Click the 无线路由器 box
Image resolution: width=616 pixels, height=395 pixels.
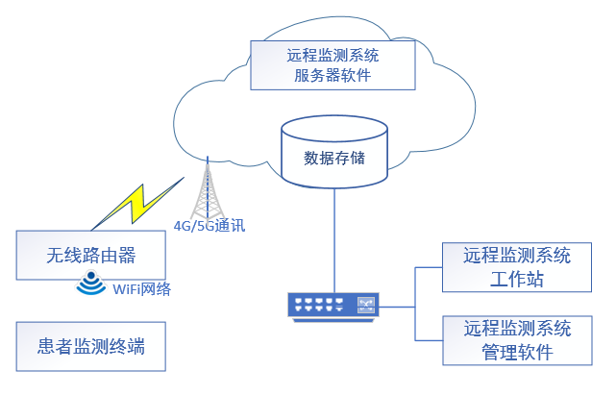91,256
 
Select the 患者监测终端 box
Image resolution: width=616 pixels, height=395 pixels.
91,346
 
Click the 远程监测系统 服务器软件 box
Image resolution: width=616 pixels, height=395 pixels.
333,63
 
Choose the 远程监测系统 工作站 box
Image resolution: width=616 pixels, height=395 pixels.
517,267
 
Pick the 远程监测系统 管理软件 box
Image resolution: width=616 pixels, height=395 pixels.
517,340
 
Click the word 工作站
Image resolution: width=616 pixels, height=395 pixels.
517,281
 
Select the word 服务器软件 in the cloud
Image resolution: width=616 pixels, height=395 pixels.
333,75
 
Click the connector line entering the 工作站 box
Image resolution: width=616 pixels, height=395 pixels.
430,267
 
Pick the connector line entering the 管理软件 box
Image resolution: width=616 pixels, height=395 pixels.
430,340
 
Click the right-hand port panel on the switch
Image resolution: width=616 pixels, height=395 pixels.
365,305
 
